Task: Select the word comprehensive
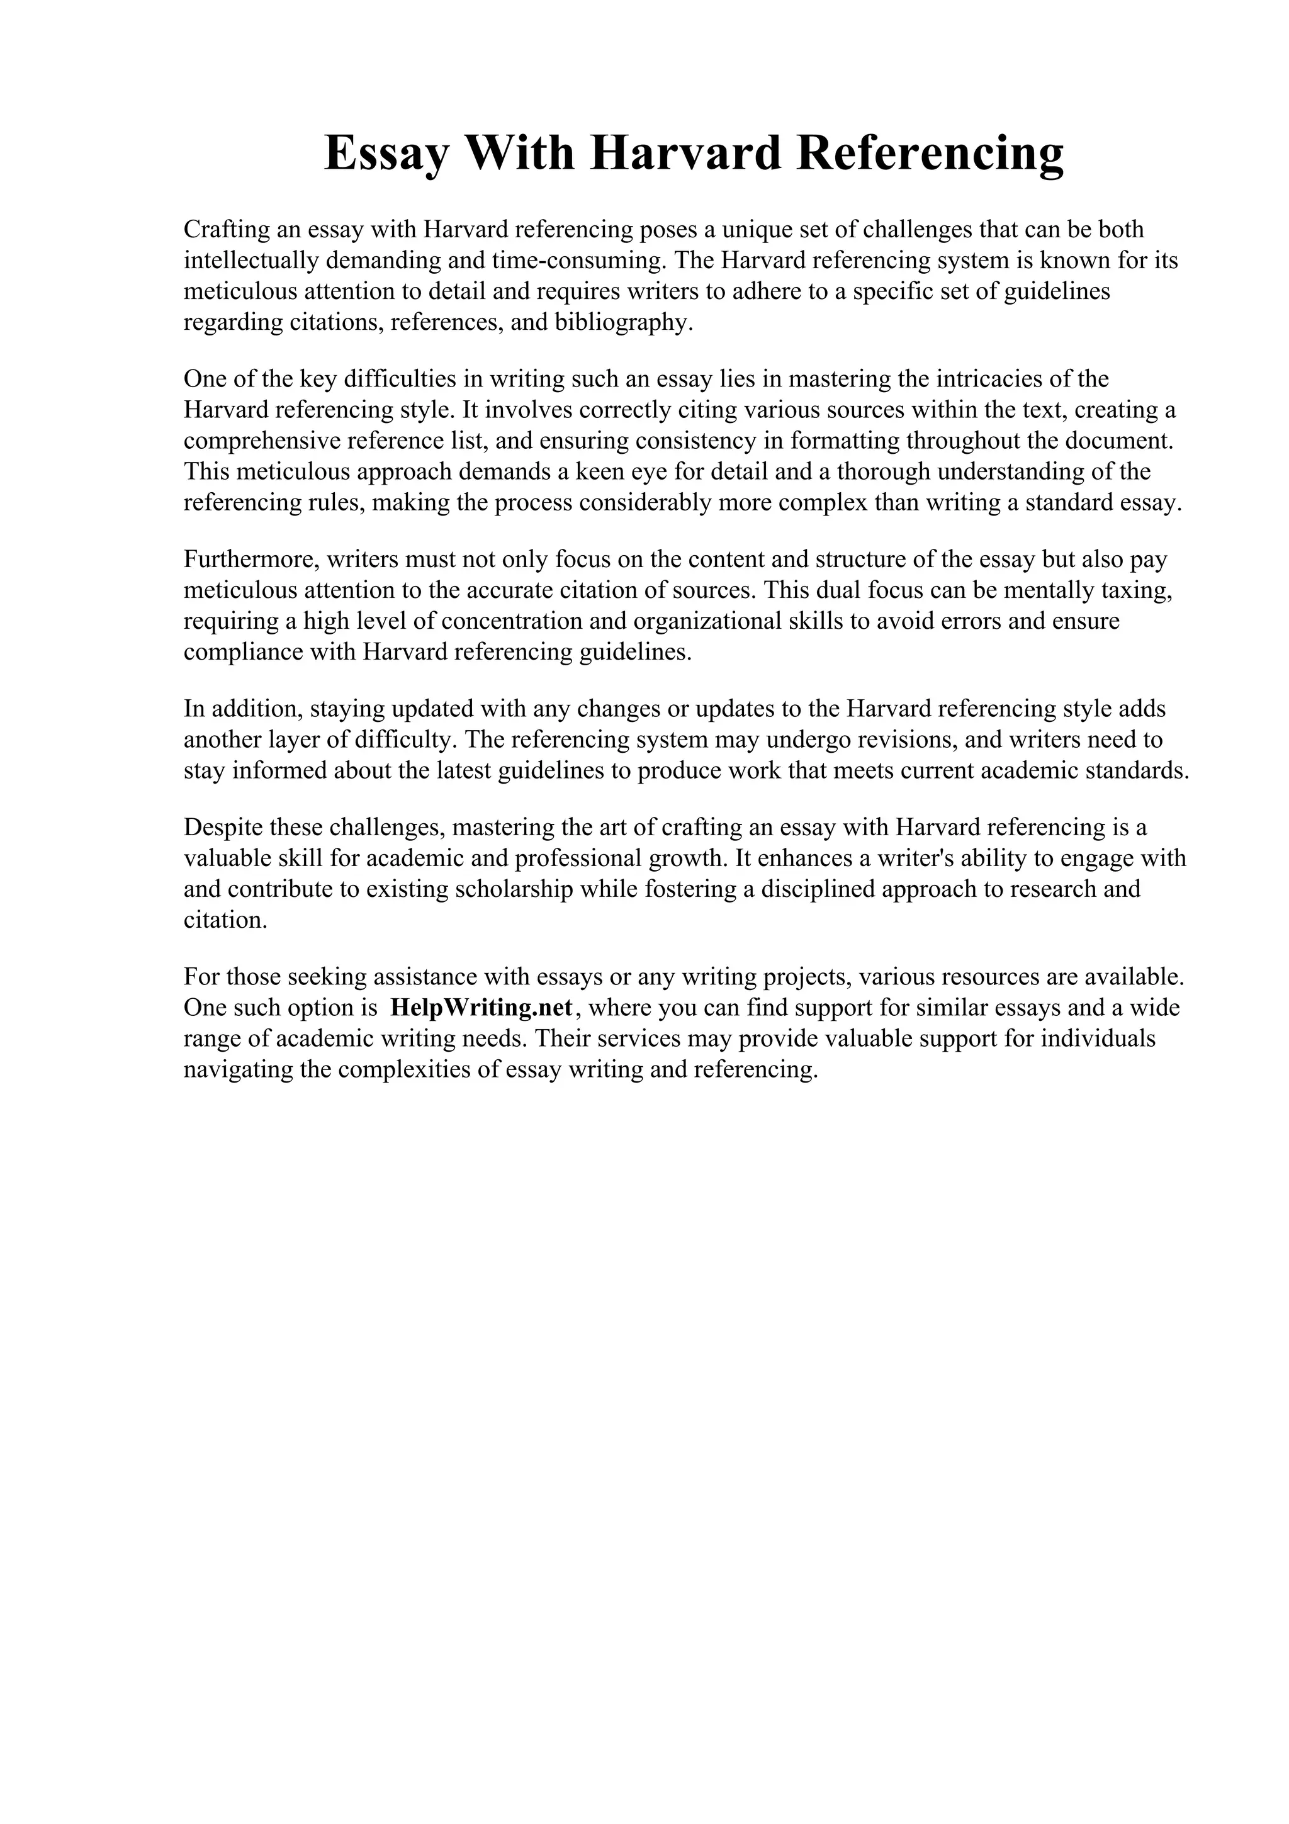[261, 441]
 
